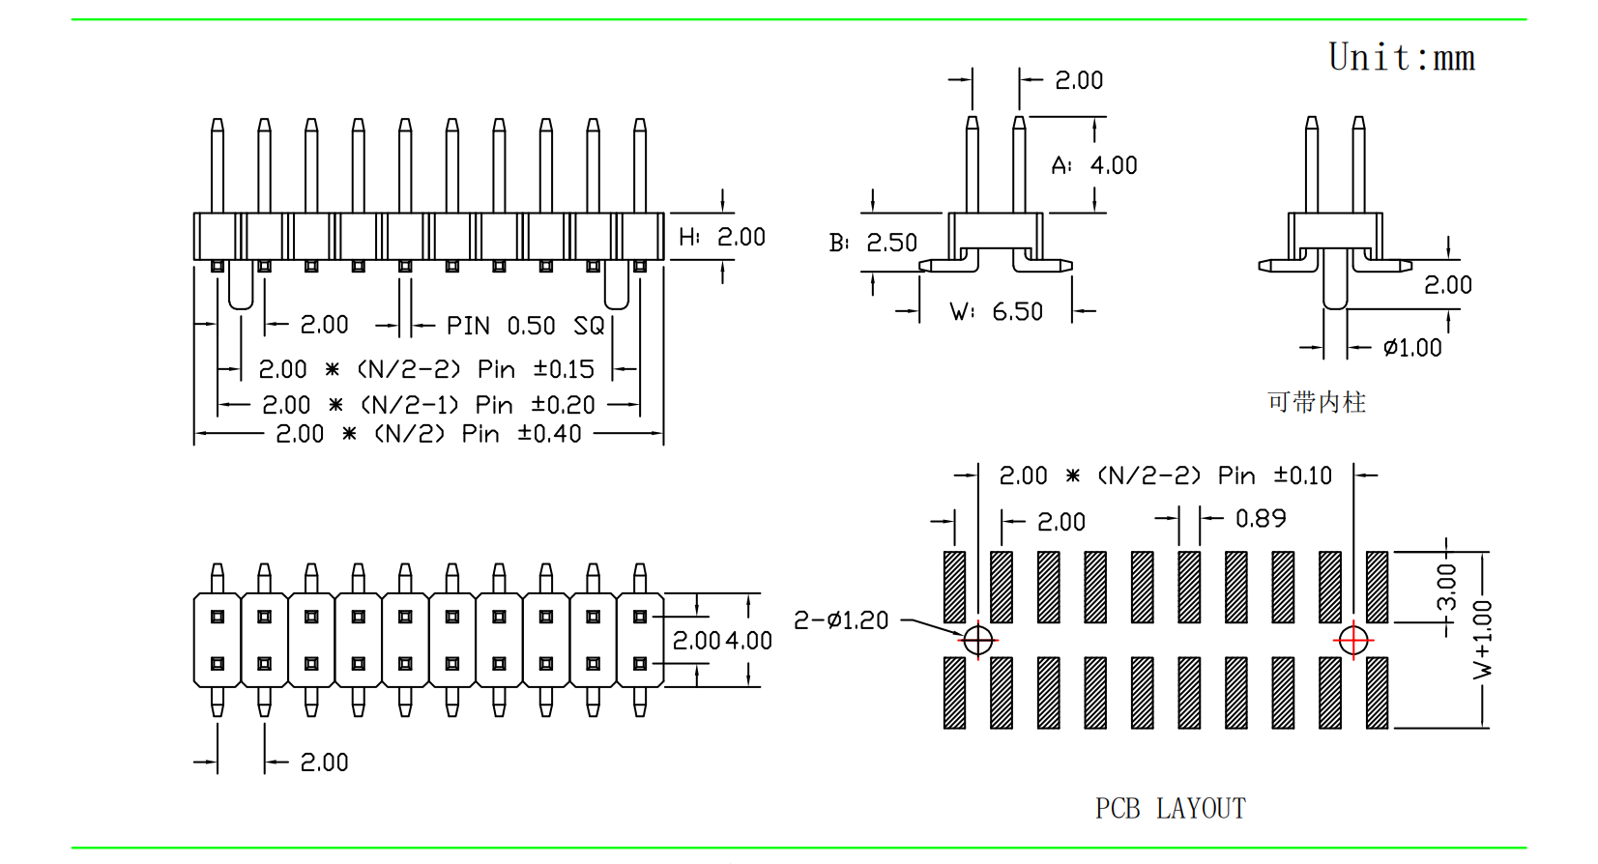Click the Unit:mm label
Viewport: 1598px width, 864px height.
pyautogui.click(x=1401, y=58)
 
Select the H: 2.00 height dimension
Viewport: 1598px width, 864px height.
pyautogui.click(x=721, y=237)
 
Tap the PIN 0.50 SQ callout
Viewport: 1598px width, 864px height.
pyautogui.click(x=525, y=326)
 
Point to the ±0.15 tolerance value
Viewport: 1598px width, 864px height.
pyautogui.click(x=564, y=369)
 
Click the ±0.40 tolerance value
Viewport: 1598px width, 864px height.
pyautogui.click(x=549, y=434)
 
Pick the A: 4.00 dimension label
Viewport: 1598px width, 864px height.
pyautogui.click(x=1094, y=165)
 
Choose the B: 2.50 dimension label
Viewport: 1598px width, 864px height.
pyautogui.click(x=873, y=243)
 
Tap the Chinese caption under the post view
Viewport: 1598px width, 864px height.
pyautogui.click(x=1317, y=402)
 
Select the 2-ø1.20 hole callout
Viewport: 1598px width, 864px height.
pyautogui.click(x=841, y=620)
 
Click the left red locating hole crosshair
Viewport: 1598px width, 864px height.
pyautogui.click(x=978, y=640)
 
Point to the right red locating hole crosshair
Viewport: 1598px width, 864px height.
pyautogui.click(x=1353, y=640)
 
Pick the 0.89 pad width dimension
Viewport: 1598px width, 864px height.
pyautogui.click(x=1261, y=519)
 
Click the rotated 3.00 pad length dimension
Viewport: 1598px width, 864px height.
pyautogui.click(x=1446, y=587)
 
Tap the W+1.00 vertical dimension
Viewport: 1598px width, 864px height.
pyautogui.click(x=1482, y=639)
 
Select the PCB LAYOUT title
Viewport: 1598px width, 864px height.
pyautogui.click(x=1170, y=808)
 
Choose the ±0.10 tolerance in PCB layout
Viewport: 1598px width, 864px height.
pyautogui.click(x=1302, y=475)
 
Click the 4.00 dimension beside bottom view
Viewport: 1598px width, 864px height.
pyautogui.click(x=749, y=641)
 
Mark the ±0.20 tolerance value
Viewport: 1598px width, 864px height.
pyautogui.click(x=563, y=405)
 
